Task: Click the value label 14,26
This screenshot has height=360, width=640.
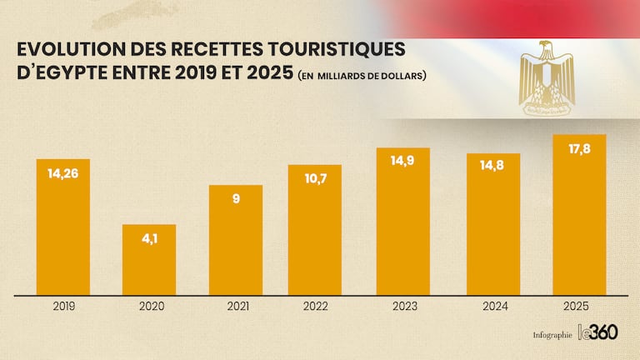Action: coord(63,175)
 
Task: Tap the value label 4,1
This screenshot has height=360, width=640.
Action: coord(149,239)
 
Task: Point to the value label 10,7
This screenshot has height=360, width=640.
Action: coord(315,180)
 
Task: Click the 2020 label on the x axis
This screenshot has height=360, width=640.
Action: coord(149,307)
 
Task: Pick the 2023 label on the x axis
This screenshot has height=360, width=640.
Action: coord(405,306)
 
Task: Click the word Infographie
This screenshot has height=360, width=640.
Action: coord(552,335)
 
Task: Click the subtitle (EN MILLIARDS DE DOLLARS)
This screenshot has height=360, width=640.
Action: coord(362,77)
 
